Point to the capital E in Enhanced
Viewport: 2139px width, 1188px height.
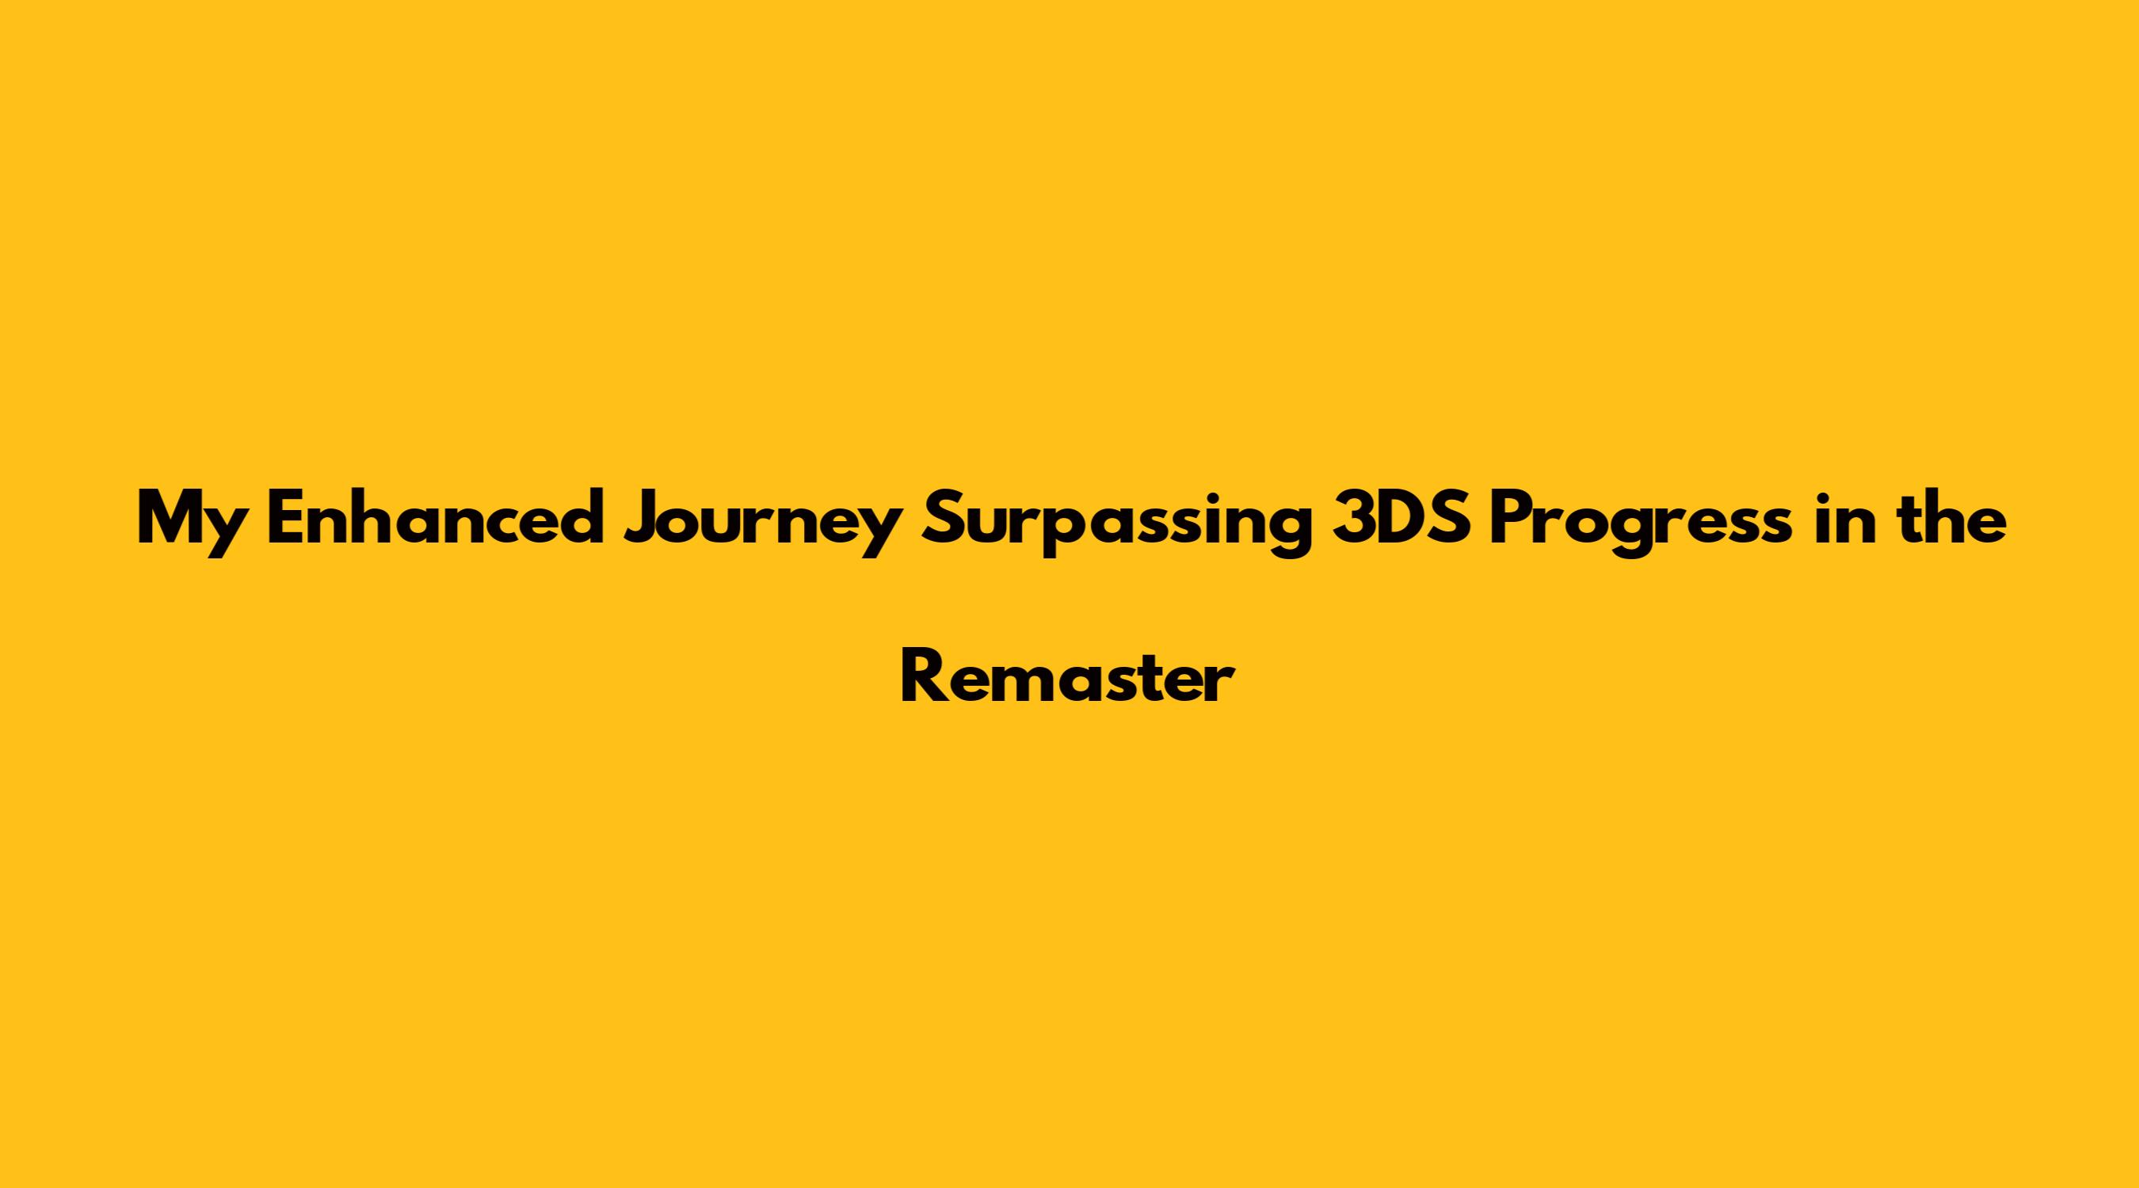tap(285, 518)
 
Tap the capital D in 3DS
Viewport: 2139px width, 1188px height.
tap(1404, 518)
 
